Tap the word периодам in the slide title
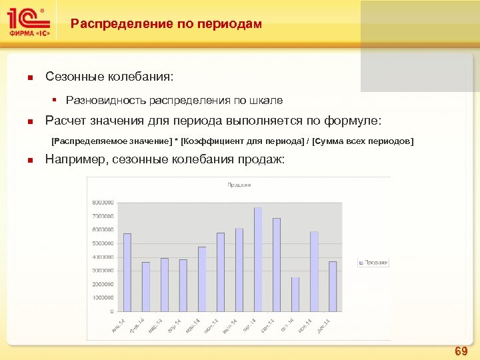click(x=230, y=24)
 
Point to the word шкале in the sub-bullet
click(x=267, y=101)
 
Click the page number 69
click(x=461, y=351)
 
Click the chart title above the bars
click(x=239, y=185)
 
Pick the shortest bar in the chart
click(x=295, y=295)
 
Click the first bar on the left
click(x=127, y=273)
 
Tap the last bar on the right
click(x=333, y=287)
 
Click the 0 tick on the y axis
click(x=111, y=311)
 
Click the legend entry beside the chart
click(x=375, y=263)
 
